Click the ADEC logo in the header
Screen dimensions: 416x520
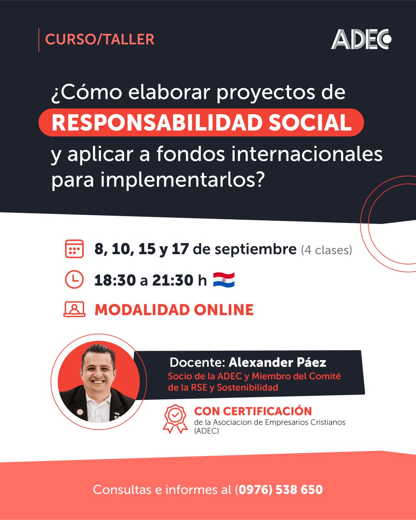point(361,39)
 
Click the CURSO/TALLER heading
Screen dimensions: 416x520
point(99,39)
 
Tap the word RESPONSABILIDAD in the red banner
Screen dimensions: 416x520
point(157,123)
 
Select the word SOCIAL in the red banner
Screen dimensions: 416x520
point(310,123)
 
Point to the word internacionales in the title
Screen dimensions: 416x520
point(307,154)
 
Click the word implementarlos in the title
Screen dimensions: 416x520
point(178,180)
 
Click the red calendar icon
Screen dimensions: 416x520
point(74,249)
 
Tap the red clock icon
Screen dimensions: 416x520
point(74,279)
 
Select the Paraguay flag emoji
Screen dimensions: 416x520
point(224,279)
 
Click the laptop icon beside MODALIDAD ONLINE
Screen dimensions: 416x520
point(74,309)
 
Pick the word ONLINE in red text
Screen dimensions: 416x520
point(224,310)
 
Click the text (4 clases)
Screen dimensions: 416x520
point(326,250)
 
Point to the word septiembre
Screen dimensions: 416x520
point(255,250)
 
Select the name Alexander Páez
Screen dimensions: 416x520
point(277,362)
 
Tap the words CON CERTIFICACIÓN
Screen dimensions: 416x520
point(253,411)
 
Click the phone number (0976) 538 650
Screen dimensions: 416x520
point(279,489)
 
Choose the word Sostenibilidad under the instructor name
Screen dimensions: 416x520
point(247,388)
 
